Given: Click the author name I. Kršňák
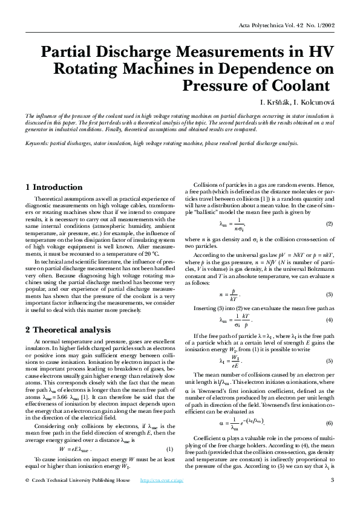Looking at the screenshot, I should click(x=275, y=100).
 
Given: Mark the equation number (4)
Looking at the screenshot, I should click(x=329, y=319).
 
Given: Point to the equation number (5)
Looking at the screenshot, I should click(x=329, y=361).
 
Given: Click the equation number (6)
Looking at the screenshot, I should click(x=329, y=422).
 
